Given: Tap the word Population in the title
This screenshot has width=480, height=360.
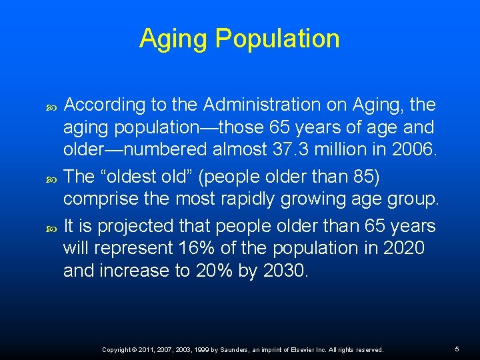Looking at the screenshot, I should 277,39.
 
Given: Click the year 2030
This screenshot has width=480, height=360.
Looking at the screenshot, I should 284,271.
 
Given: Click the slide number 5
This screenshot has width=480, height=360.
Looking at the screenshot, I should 457,349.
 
